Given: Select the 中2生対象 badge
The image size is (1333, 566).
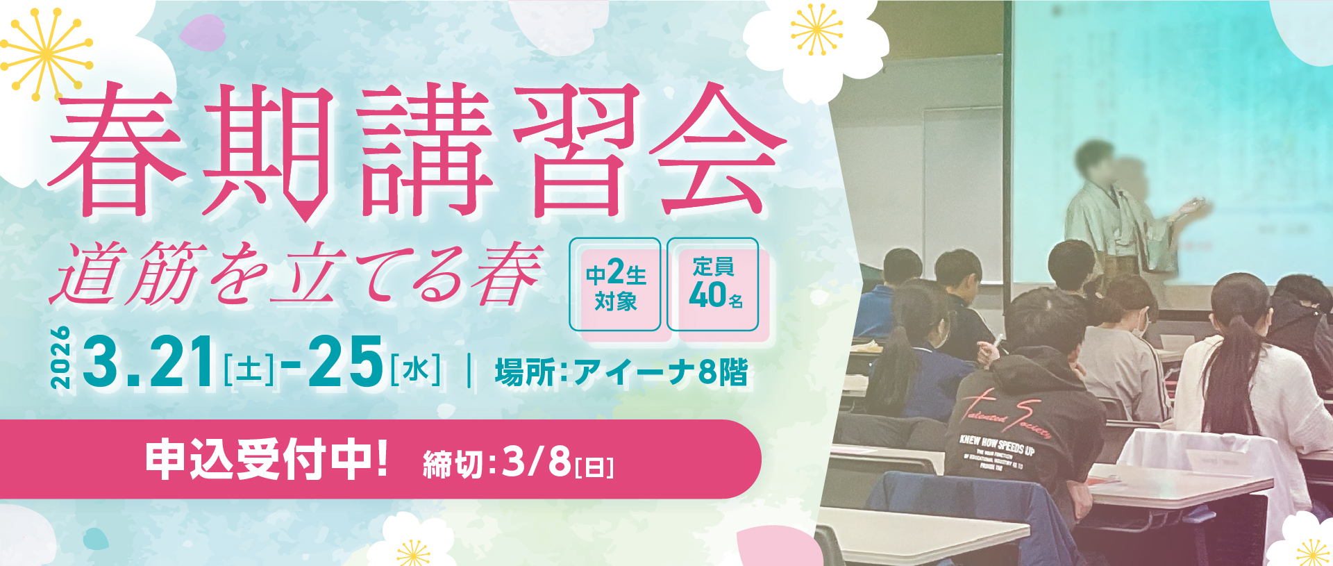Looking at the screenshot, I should point(615,285).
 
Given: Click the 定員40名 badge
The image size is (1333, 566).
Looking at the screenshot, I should point(713,285).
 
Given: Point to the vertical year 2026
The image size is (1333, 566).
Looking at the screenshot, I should point(61,358).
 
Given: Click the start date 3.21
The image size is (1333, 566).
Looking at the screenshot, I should point(149,361).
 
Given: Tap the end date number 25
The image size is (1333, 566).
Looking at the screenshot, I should point(345,361).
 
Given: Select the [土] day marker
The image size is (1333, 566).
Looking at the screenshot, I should point(249,369).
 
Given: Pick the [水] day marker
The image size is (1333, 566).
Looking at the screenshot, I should point(415,369).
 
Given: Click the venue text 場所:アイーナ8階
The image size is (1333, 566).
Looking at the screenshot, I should point(621,372).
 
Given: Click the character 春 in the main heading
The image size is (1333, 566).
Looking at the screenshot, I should point(118,149).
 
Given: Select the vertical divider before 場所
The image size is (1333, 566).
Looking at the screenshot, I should point(471,370).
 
